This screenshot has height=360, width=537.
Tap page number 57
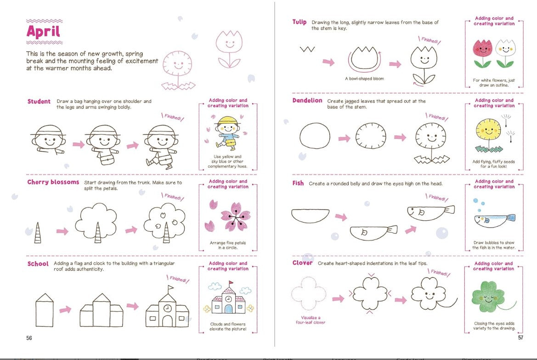pos(520,337)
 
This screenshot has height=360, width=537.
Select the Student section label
pos(39,102)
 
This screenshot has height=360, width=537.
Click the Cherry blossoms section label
pos(53,183)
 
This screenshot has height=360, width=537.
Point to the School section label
pos(38,264)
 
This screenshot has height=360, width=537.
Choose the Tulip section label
pos(300,22)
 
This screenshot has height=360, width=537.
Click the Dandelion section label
pos(307,101)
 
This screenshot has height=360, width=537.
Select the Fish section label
pos(298,183)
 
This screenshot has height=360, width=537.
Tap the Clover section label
pos(302,263)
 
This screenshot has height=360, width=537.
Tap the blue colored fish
pos(494,218)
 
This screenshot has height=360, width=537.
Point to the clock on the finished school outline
pos(167,308)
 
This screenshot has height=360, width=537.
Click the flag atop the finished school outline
pos(170,288)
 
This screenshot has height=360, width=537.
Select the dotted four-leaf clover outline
pos(308,294)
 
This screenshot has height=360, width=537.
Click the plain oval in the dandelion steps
pos(315,137)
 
